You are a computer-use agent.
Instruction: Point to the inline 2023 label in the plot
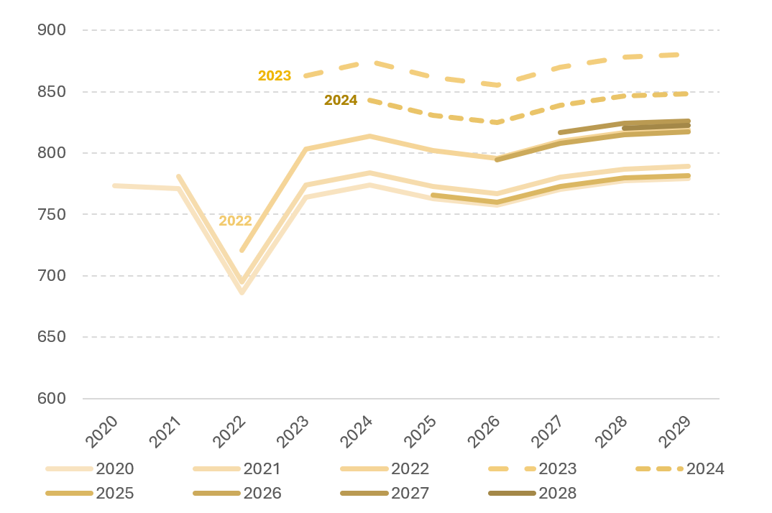[x=275, y=75]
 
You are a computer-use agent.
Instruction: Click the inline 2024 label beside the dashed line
[x=341, y=101]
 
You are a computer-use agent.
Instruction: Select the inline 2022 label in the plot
[x=235, y=221]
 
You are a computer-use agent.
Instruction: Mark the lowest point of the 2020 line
[x=242, y=293]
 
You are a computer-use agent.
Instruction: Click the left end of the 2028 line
[x=624, y=128]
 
